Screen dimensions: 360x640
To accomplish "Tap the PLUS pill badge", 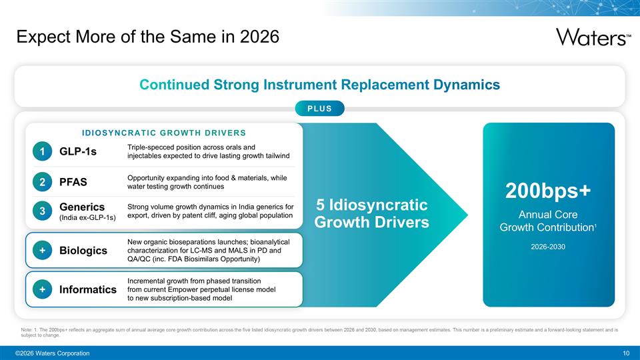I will click(319, 109).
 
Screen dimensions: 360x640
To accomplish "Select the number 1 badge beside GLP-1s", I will click(42, 152).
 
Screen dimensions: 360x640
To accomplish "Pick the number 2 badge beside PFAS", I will click(42, 182).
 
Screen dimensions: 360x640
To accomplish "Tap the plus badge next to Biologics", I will click(42, 250).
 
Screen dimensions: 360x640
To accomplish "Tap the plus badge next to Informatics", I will click(42, 289).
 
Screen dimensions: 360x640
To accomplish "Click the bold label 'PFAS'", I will click(73, 182).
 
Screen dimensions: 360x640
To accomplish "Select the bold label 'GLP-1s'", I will click(78, 152).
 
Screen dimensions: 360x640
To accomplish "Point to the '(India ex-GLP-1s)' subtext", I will click(87, 218).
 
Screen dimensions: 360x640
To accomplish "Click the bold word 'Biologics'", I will click(83, 250).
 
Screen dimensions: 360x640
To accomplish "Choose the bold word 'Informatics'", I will click(88, 289).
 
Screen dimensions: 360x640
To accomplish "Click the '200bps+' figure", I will click(548, 191).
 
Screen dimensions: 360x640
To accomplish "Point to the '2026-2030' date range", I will click(548, 246).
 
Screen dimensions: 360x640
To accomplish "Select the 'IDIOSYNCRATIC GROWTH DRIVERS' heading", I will click(163, 132).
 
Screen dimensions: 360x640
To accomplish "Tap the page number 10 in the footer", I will click(625, 353).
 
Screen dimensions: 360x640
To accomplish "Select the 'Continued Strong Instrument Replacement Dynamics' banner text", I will click(319, 85).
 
